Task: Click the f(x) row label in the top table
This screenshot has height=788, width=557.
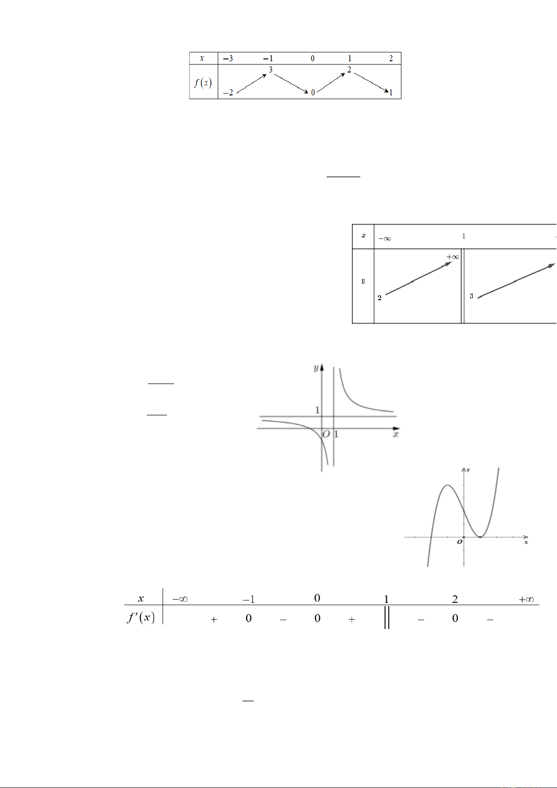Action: click(x=203, y=83)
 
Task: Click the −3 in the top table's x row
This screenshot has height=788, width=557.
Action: click(x=228, y=58)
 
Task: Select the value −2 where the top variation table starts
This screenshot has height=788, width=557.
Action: click(x=228, y=93)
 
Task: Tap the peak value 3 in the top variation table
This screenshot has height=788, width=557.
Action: click(x=271, y=70)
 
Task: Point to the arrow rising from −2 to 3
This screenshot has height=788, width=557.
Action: click(x=251, y=84)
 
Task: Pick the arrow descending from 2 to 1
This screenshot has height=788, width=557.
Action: click(x=371, y=83)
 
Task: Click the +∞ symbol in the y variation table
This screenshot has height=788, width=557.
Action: click(x=453, y=256)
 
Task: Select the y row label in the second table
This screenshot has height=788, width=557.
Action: click(x=363, y=281)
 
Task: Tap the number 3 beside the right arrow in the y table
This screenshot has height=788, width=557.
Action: click(x=471, y=296)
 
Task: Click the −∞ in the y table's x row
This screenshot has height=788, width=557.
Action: click(x=385, y=239)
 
